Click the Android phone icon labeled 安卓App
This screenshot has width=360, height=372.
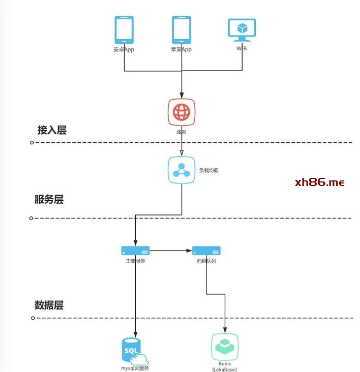tap(124, 30)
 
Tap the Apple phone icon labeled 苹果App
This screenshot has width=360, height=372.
tap(182, 30)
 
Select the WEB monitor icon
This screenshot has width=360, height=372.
tap(242, 30)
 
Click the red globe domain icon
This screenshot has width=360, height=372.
tap(182, 112)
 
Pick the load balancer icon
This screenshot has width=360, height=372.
tap(182, 170)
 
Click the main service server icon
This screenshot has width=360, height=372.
tap(135, 251)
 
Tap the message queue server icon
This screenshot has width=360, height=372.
tap(206, 251)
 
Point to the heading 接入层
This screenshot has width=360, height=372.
tap(52, 130)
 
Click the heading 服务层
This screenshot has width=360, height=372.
tap(49, 199)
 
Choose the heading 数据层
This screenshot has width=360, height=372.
tap(49, 305)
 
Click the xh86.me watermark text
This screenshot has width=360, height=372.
tap(319, 182)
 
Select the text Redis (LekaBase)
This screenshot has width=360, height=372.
tap(224, 366)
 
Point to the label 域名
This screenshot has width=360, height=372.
tap(182, 132)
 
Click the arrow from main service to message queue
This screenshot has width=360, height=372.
tap(170, 251)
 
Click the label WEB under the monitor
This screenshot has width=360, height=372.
tap(242, 49)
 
